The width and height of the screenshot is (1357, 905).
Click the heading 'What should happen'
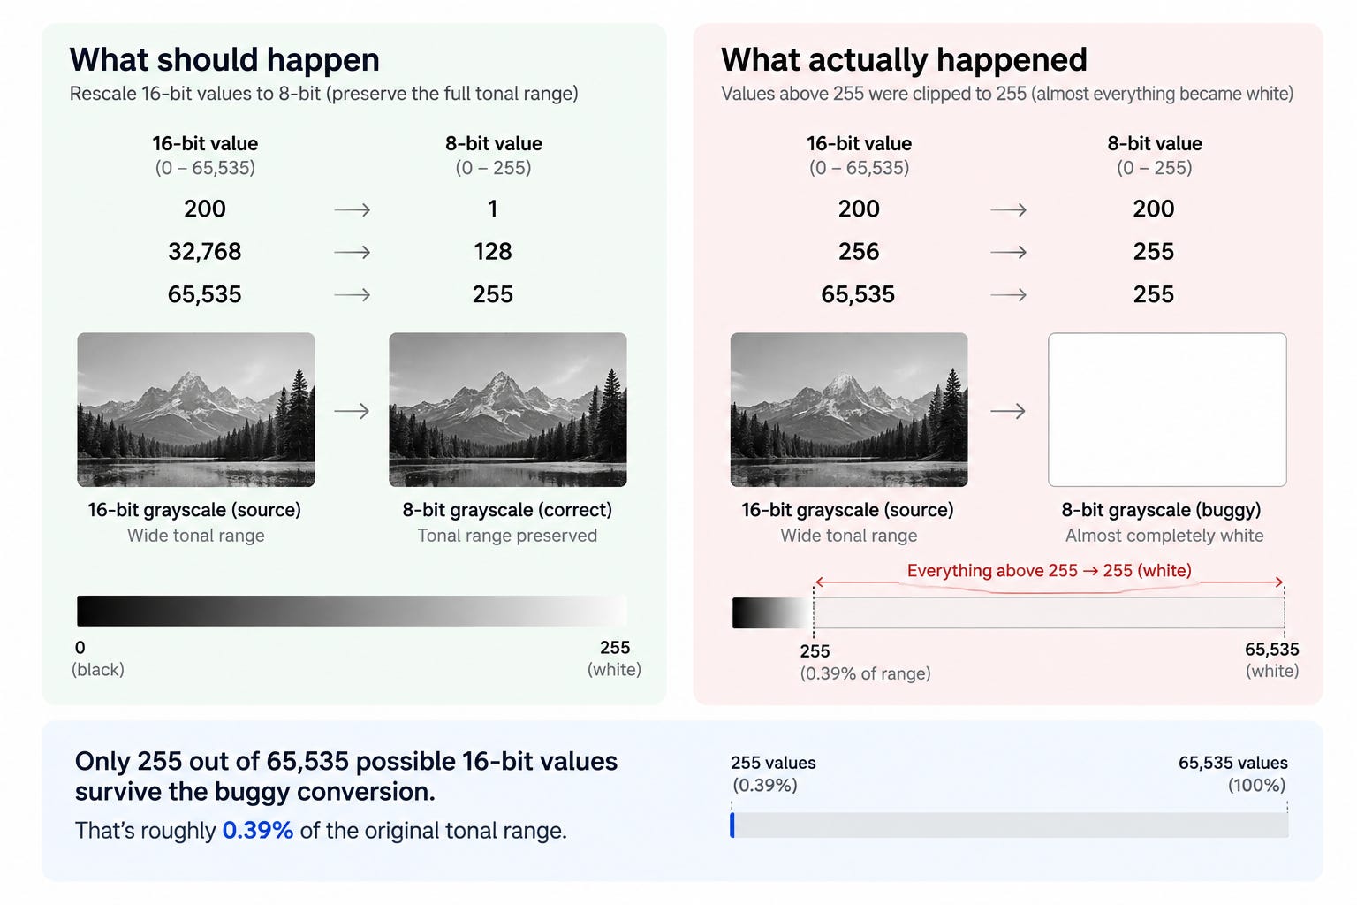pos(224,60)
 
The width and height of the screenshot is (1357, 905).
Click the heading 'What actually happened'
pos(904,60)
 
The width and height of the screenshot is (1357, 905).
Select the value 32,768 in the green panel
pos(205,252)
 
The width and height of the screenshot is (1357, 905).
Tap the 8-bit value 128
pos(492,252)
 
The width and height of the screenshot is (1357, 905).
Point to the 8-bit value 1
pos(492,209)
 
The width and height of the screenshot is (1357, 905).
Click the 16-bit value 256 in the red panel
pos(859,252)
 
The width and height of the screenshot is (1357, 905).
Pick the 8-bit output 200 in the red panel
pos(1154,209)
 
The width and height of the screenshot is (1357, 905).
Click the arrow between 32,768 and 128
pos(352,252)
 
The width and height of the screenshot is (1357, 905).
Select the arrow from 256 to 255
pos(1008,252)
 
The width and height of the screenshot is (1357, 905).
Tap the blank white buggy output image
pos(1167,409)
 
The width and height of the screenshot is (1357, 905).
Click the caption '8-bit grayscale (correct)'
pos(507,510)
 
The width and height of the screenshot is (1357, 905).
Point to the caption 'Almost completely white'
pos(1164,536)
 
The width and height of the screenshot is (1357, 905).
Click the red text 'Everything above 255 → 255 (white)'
pos(1050,571)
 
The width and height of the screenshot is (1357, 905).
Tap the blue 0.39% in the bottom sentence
pos(257,831)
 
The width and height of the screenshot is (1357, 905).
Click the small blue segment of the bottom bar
pos(732,825)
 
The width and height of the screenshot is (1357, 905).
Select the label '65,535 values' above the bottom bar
pos(1232,763)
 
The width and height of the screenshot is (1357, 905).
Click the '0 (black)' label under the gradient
pos(97,658)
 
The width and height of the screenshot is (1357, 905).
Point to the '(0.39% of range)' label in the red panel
pos(865,673)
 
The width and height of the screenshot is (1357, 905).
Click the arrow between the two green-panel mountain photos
pos(352,411)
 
